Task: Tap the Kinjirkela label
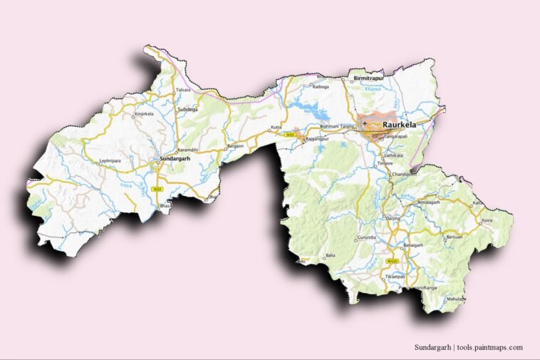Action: pyautogui.click(x=143, y=113)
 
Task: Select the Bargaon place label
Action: pyautogui.click(x=234, y=145)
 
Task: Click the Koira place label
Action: pyautogui.click(x=487, y=221)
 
